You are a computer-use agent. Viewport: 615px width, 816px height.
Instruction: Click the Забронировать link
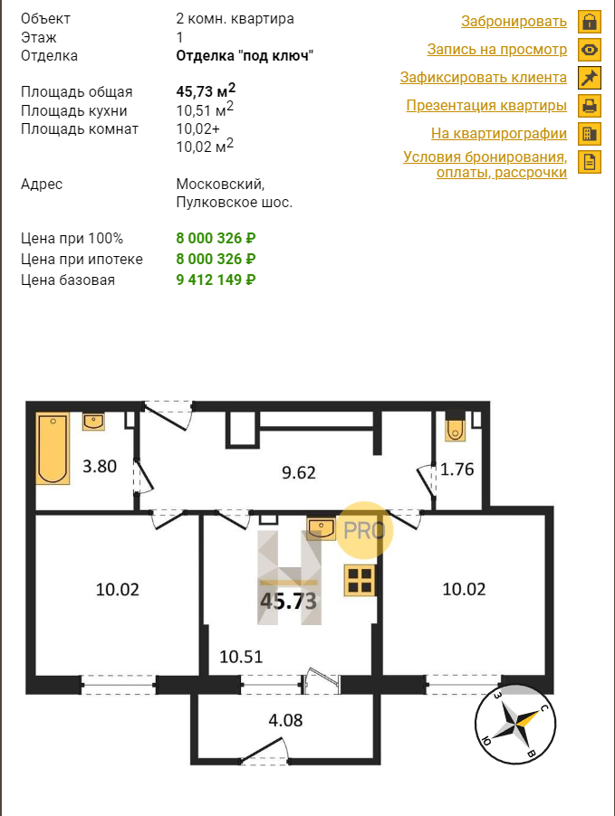[x=514, y=22]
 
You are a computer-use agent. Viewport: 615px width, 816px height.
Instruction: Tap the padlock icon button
[x=590, y=22]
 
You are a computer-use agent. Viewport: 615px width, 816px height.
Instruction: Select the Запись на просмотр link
[x=496, y=50]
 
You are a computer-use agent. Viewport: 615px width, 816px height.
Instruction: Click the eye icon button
[x=590, y=50]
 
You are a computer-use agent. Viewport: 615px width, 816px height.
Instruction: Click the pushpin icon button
[x=590, y=78]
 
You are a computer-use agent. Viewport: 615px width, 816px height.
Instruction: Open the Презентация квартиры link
[x=486, y=106]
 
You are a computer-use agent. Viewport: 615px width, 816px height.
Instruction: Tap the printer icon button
[x=590, y=106]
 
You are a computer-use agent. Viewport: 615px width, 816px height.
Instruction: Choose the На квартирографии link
[x=499, y=134]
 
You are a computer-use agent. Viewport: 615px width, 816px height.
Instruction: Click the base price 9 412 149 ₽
[x=216, y=280]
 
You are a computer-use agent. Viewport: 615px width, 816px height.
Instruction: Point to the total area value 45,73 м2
[x=206, y=90]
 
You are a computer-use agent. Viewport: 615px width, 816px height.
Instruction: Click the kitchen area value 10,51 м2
[x=205, y=109]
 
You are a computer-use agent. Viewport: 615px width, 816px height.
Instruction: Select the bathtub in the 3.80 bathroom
[x=53, y=449]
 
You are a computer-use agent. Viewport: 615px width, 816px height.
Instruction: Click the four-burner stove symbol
[x=360, y=580]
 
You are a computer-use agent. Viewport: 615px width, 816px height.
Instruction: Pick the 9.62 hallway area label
[x=299, y=472]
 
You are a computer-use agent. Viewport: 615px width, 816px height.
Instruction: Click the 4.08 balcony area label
[x=285, y=720]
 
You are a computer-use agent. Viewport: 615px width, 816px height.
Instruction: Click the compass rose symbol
[x=515, y=724]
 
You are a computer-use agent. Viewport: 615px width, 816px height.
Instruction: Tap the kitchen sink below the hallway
[x=321, y=528]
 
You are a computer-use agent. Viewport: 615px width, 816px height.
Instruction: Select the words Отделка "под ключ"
[x=245, y=56]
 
